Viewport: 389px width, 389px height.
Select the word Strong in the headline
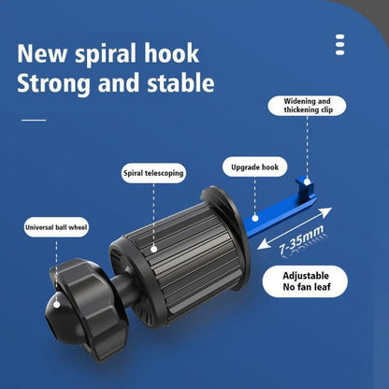53,84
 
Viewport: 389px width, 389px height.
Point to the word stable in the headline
180,82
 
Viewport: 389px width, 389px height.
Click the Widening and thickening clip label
307,106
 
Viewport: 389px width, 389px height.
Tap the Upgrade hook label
254,167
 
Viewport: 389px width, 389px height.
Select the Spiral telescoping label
153,173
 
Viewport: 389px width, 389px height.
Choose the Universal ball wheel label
56,227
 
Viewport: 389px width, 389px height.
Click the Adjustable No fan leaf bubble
305,281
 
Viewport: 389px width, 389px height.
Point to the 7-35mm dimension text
301,240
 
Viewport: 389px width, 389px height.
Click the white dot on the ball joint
57,305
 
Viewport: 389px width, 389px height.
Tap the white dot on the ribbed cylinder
153,249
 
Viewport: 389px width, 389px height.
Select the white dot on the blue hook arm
255,218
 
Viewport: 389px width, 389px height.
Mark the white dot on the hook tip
307,182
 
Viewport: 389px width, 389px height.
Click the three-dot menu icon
340,45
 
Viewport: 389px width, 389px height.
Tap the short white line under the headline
34,120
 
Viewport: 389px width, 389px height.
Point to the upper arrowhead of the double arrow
325,212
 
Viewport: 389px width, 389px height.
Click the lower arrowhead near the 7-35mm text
264,245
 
